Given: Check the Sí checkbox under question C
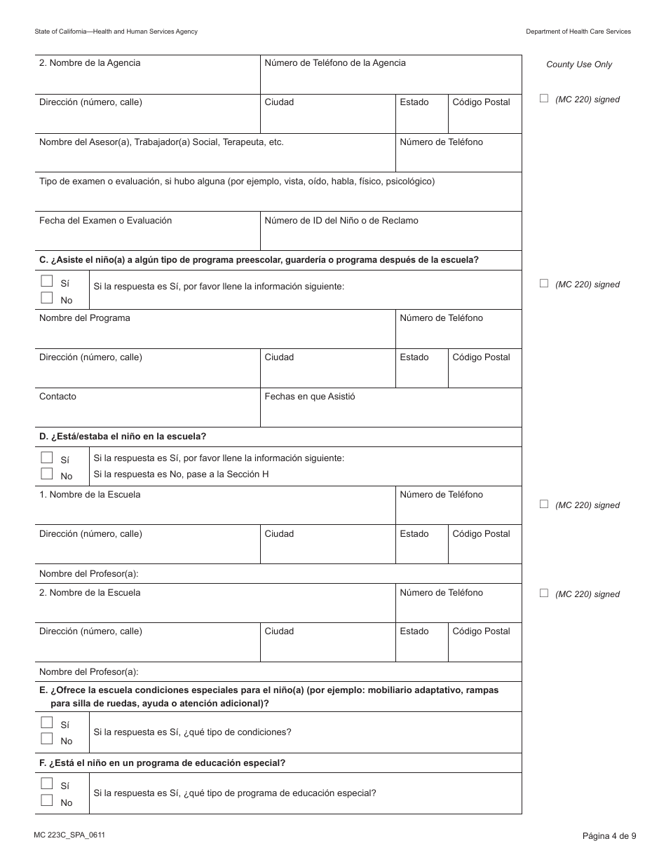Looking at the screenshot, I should tap(47, 281).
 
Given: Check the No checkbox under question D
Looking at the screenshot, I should tap(47, 474).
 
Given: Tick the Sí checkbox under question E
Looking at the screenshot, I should tap(47, 723).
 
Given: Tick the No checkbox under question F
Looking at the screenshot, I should tap(47, 800).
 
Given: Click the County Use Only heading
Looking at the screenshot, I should tap(579, 64).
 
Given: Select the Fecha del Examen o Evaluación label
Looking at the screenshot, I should tap(105, 221).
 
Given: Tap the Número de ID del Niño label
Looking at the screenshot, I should tap(341, 221).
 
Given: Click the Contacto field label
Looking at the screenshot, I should tap(57, 397).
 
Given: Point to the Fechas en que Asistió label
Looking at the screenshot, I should tap(309, 397).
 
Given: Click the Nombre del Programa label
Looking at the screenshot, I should tap(84, 318).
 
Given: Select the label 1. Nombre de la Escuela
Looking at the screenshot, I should tap(90, 495).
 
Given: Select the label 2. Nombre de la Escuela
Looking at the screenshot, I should tap(90, 593).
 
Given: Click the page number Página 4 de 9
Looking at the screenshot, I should tap(609, 835).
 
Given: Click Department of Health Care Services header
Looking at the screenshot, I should tap(578, 32).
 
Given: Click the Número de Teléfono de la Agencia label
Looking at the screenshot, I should tap(334, 63).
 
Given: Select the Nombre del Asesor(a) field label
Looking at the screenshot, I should tap(161, 142).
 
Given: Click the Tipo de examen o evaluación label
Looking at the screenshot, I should tap(237, 182).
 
